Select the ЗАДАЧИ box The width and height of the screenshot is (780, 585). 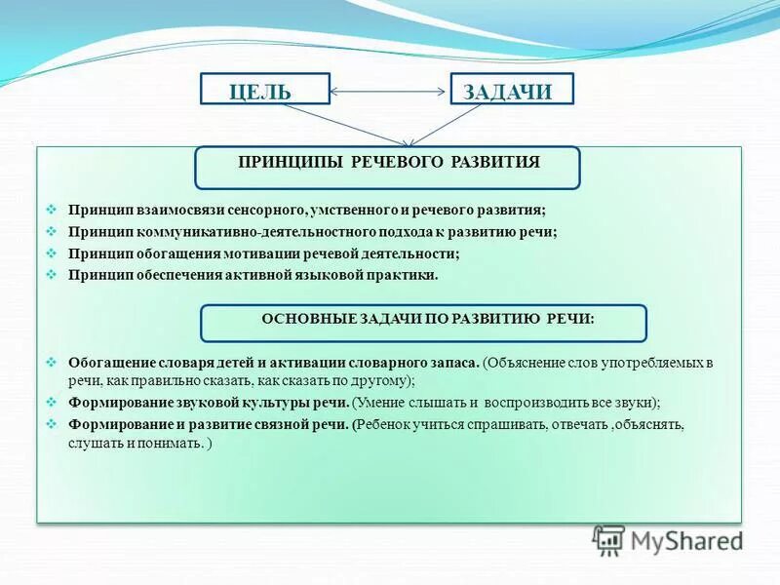(x=511, y=91)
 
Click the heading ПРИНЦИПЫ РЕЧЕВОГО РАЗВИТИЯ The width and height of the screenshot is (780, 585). (x=388, y=163)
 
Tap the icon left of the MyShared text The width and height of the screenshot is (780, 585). (x=609, y=540)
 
